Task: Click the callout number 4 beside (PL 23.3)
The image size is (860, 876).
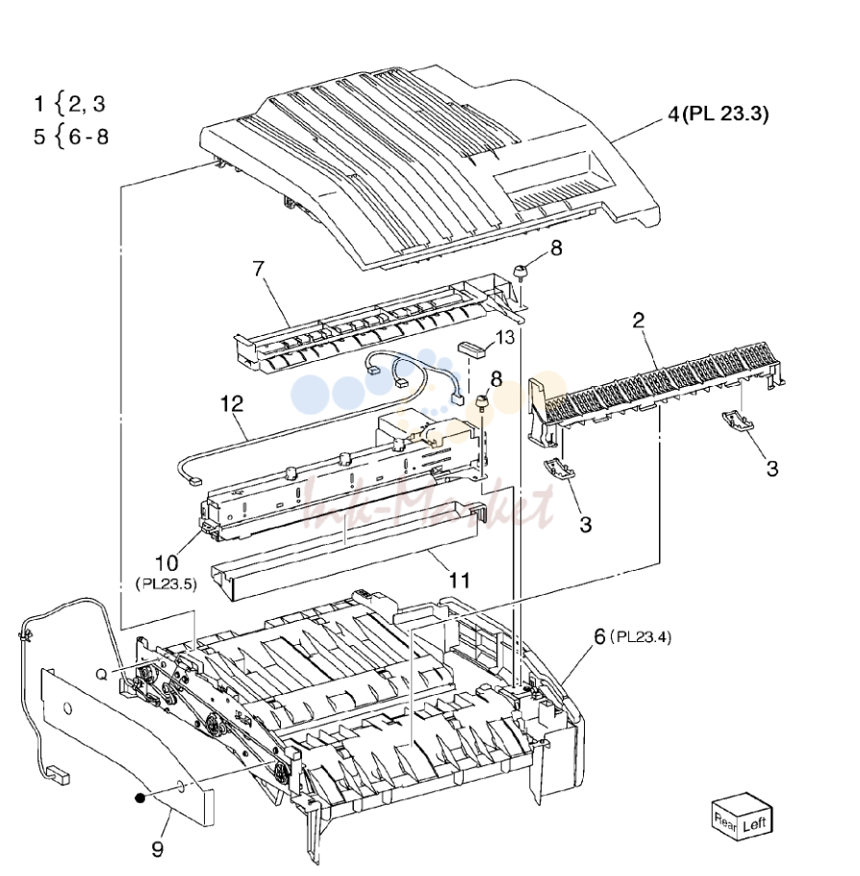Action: [674, 115]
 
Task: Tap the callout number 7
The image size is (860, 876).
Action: [258, 270]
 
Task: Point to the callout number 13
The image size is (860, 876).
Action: [505, 338]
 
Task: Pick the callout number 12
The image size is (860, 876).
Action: [232, 403]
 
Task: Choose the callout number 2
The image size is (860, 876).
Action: [639, 321]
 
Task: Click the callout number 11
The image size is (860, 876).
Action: [460, 580]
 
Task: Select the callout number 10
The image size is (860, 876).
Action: [166, 562]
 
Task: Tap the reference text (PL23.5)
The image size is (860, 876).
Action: [166, 584]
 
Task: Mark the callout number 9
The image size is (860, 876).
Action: [158, 849]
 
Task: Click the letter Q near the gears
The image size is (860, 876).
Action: [102, 675]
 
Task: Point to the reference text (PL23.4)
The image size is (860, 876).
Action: [640, 637]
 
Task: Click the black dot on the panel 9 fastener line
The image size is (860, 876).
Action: [140, 798]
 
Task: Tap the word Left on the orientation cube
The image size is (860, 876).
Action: [754, 825]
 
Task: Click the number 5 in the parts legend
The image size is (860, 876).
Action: [39, 137]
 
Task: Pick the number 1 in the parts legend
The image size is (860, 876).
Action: [38, 104]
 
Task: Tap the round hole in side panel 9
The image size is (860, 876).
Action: [67, 709]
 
